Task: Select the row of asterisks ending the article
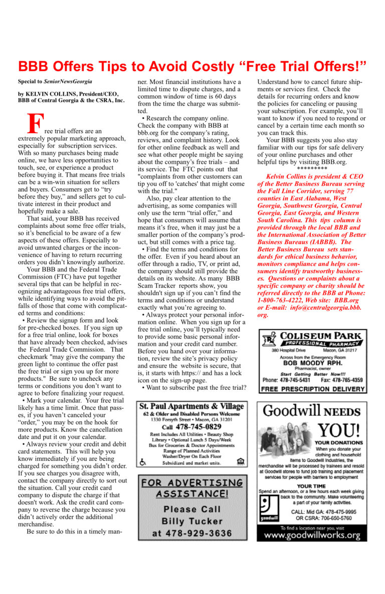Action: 312,169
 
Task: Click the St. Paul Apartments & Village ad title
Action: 192,406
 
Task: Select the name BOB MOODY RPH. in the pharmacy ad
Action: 312,363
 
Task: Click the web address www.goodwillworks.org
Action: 312,535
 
